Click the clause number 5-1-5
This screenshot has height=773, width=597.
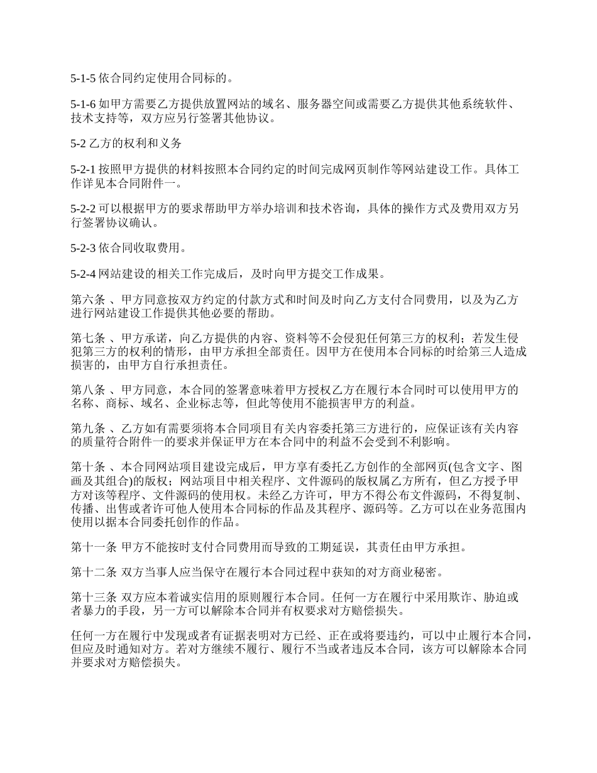pyautogui.click(x=84, y=79)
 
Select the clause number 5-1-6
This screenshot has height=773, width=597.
pyautogui.click(x=84, y=104)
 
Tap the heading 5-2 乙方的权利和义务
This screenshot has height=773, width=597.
pyautogui.click(x=126, y=143)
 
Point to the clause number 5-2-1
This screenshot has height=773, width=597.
pyautogui.click(x=84, y=170)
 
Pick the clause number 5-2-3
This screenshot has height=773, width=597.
pyautogui.click(x=84, y=248)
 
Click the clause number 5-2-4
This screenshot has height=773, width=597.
pyautogui.click(x=84, y=274)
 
